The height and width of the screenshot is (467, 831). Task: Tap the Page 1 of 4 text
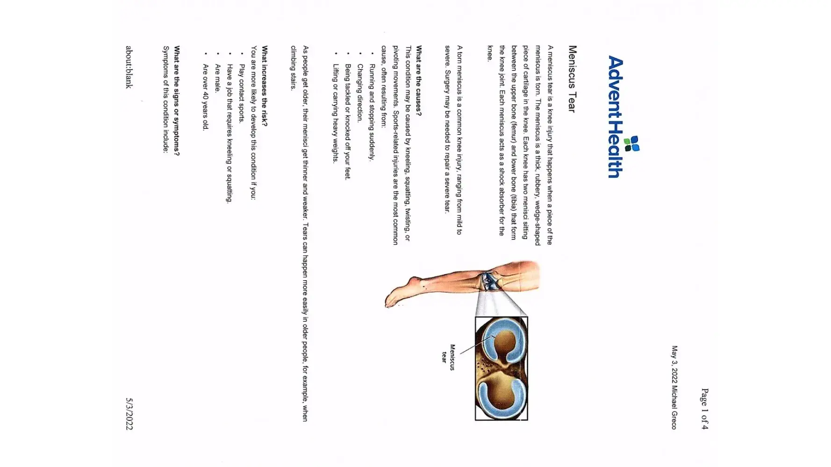click(x=704, y=409)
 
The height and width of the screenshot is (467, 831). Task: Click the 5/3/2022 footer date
click(x=129, y=414)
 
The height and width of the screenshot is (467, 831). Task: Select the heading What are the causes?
click(x=419, y=81)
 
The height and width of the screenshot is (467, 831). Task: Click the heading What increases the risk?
click(x=265, y=85)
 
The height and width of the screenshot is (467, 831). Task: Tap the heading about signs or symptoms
click(x=177, y=100)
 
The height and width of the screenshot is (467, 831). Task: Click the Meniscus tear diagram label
click(x=448, y=357)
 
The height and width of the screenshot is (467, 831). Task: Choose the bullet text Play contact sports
click(x=241, y=93)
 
